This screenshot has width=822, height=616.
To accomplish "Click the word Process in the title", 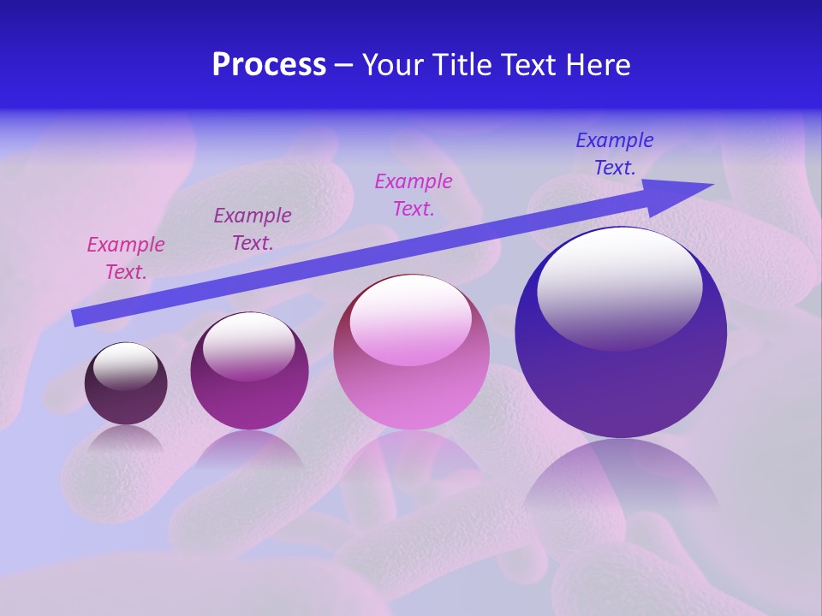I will point(269,65).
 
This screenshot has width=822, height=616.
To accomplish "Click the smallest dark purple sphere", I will point(126,383).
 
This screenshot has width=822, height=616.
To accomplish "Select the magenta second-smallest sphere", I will point(249,371).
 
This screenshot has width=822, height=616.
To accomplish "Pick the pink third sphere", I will point(411,352).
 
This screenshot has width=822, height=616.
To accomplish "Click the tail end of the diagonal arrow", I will point(77,317).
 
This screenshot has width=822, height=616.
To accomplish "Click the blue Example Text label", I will point(615,154).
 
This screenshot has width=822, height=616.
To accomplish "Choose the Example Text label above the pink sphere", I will point(414,194).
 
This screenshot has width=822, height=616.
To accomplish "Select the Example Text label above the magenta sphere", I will point(253,228).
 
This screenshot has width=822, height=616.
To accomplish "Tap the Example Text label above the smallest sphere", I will point(126,258).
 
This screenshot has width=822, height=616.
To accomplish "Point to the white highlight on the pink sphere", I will point(410,318).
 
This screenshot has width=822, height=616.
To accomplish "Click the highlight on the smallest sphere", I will point(125,365).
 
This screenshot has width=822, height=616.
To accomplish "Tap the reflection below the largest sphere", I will point(622,479).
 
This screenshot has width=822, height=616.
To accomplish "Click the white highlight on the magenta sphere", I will point(249,346).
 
